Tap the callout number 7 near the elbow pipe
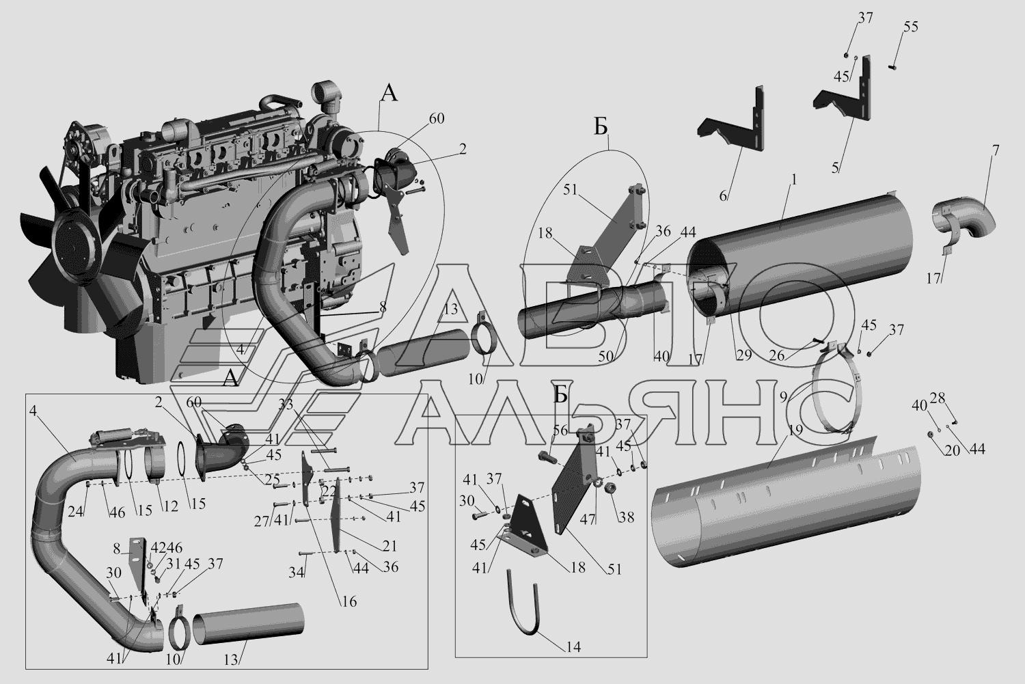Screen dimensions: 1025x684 996,150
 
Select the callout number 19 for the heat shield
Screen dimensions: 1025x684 796,430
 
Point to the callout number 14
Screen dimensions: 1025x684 573,646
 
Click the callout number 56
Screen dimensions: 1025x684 560,430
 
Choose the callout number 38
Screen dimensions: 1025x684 626,517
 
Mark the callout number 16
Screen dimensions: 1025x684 349,601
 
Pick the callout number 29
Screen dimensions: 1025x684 744,355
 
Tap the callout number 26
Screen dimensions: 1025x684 777,355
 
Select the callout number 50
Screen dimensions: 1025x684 606,357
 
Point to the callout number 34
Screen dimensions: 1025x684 297,572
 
